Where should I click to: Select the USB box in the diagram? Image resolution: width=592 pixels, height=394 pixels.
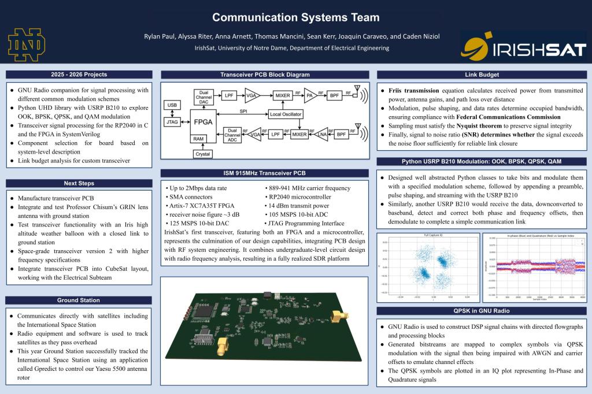(172, 105)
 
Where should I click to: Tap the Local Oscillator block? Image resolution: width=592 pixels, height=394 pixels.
(286, 114)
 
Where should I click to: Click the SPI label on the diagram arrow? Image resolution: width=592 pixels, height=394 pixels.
(235, 111)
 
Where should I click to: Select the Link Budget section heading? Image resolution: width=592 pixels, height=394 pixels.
(482, 75)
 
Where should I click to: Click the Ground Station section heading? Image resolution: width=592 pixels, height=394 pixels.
(79, 300)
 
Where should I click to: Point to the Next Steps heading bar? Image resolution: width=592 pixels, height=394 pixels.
(79, 183)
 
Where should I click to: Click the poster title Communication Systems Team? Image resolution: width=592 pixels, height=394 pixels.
(295, 17)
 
